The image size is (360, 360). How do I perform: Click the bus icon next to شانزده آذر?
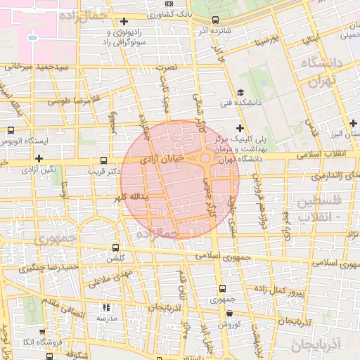coord(214,20)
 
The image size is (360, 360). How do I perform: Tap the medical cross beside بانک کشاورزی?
coord(125,20)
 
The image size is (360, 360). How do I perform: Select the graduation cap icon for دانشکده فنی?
coord(240,92)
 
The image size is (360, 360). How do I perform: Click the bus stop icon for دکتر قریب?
coord(105,160)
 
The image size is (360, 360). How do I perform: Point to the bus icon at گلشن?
coord(116,247)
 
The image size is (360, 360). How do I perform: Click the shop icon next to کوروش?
coord(220,314)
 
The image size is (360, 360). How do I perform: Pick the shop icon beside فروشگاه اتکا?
coord(42,332)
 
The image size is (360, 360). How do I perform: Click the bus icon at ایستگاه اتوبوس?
coord(11,130)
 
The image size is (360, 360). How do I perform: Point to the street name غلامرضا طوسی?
coord(71,100)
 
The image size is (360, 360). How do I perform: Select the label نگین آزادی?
coord(38,169)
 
